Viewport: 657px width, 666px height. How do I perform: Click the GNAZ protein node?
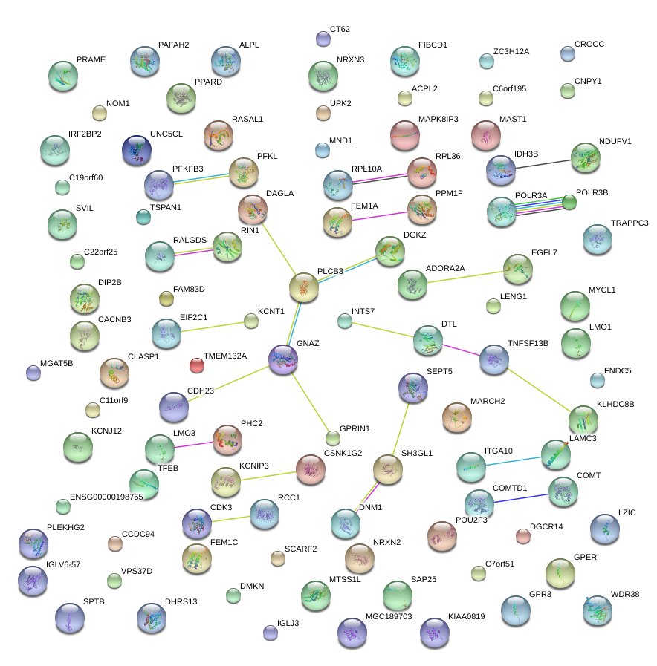[x=283, y=359]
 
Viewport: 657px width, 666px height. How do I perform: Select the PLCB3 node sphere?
[x=303, y=287]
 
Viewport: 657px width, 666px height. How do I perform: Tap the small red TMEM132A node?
[x=197, y=365]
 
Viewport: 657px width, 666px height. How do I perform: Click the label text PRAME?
[x=91, y=59]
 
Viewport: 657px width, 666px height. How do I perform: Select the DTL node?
[x=427, y=340]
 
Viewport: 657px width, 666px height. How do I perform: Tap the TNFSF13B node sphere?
[x=493, y=359]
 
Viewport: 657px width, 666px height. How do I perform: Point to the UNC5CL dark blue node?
[x=136, y=150]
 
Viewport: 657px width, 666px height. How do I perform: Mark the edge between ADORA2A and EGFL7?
[x=465, y=275]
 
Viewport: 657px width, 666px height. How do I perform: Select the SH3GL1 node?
[x=386, y=469]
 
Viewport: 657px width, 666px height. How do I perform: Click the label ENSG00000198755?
[x=106, y=497]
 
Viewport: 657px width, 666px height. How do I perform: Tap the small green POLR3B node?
[x=569, y=201]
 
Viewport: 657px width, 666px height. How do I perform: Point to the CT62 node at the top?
[x=323, y=38]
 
